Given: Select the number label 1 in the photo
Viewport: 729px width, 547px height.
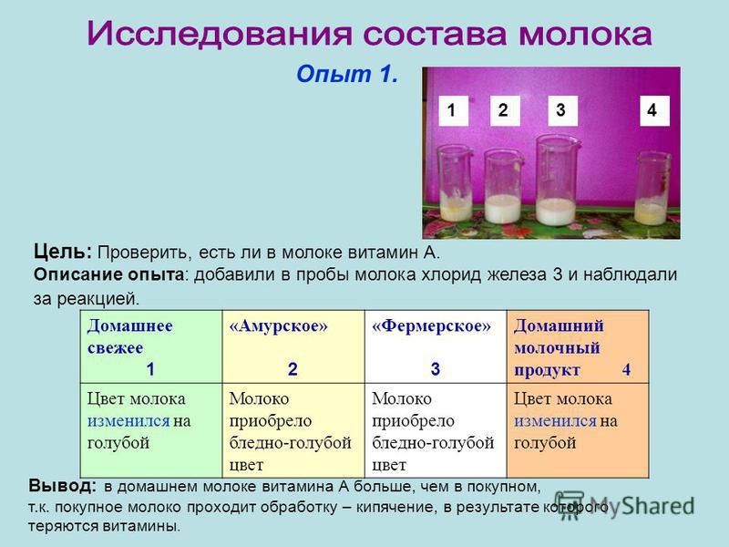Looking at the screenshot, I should point(450,110).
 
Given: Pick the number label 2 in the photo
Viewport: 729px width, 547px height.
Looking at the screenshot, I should point(502,110).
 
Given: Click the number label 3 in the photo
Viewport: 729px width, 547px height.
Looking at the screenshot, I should point(559,110).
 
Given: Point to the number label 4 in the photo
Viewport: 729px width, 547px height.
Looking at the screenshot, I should point(651,110).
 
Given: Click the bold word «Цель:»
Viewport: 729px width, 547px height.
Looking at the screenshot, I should point(63,251).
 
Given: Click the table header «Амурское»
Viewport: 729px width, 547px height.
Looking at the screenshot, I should point(279,325).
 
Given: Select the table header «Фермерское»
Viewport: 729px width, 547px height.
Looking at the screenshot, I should point(436,325).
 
